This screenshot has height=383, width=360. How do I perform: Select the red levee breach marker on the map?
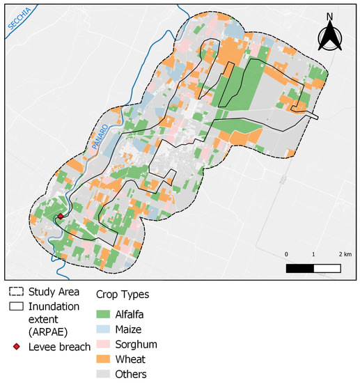(x=61, y=217)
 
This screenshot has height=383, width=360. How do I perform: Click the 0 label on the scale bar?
(x=287, y=254)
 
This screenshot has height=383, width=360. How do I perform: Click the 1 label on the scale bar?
(x=314, y=254)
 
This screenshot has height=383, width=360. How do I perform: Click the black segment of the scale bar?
(x=300, y=267)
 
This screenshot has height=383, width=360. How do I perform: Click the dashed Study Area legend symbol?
(x=17, y=292)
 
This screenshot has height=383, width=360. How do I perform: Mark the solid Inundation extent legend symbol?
(x=17, y=306)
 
